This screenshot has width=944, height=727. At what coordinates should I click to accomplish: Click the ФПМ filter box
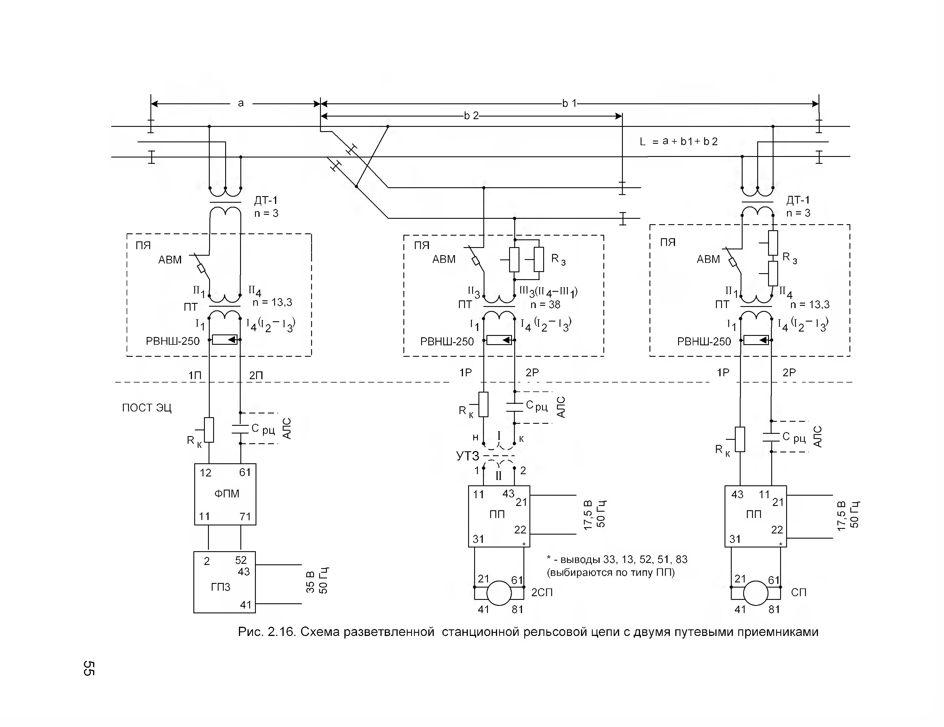point(225,494)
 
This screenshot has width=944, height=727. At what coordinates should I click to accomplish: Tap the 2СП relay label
point(542,592)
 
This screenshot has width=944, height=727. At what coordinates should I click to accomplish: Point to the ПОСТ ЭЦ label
point(147,408)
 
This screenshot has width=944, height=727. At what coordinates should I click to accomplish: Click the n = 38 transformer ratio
point(545,305)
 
